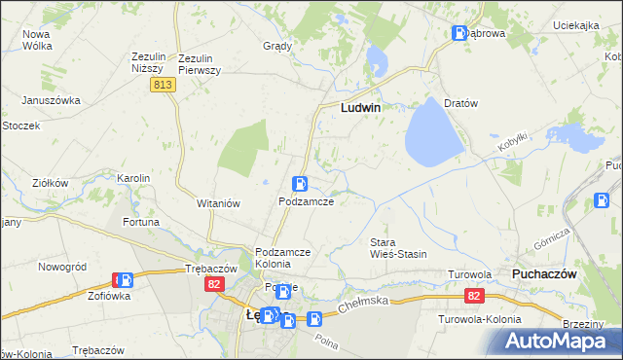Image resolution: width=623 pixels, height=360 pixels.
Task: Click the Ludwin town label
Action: point(359,109)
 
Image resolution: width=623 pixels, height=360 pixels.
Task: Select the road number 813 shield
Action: point(163,86)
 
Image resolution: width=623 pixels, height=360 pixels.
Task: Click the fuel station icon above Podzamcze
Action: point(302,183)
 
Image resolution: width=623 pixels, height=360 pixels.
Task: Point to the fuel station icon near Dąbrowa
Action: point(459,34)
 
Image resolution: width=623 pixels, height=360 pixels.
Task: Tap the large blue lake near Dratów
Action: point(433,131)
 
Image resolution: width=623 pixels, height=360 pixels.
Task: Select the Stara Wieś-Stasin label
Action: point(398,247)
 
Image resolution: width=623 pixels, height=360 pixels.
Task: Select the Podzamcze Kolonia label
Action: point(282,258)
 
